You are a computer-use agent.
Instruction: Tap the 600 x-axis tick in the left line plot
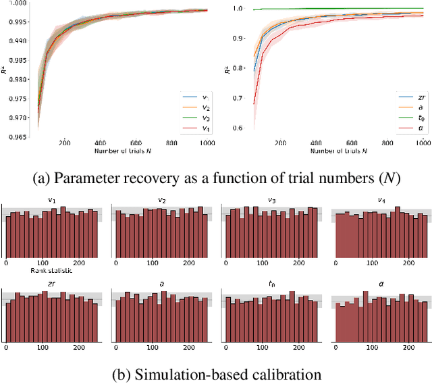coord(136,143)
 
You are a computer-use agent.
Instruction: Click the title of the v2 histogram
coord(161,199)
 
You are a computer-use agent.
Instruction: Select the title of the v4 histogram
coord(381,199)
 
